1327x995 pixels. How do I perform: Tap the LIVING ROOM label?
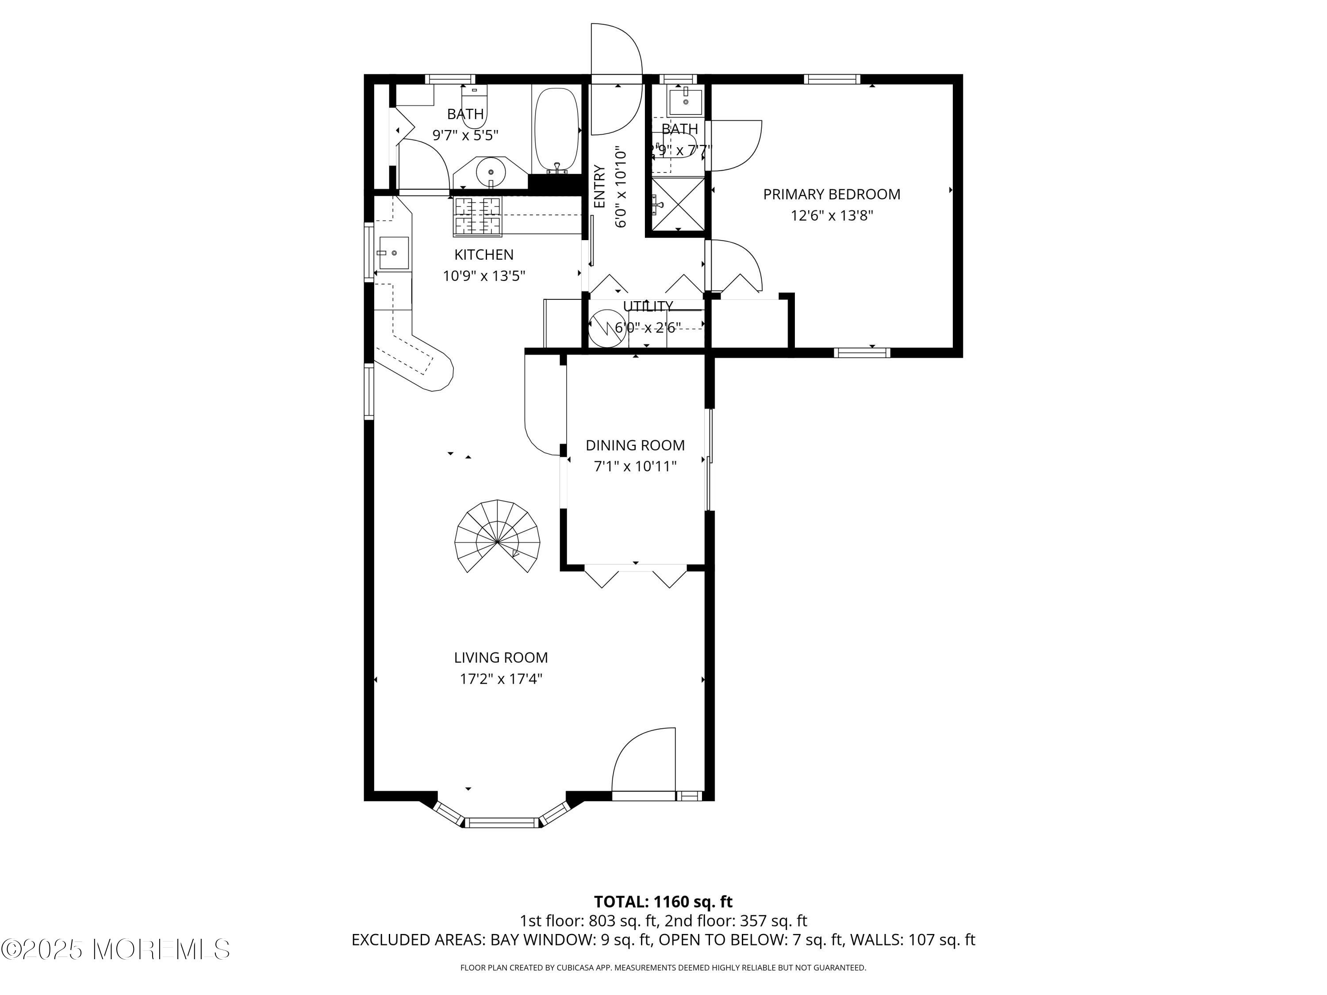(x=501, y=657)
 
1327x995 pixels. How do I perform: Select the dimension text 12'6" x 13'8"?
(x=832, y=215)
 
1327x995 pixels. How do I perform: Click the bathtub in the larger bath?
(x=557, y=129)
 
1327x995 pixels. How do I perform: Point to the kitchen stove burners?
(x=478, y=215)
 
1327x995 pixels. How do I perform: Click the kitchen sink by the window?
(x=394, y=253)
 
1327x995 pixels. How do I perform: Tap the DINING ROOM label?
(x=635, y=445)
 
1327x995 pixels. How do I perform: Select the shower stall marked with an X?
(x=679, y=204)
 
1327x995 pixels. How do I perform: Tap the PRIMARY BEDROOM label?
(x=832, y=194)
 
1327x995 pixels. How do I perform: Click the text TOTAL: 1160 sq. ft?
(x=663, y=901)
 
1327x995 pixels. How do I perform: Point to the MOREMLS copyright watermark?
(x=115, y=949)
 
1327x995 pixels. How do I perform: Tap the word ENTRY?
(x=599, y=187)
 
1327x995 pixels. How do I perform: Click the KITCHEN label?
(x=483, y=254)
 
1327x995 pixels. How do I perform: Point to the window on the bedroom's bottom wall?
(x=862, y=352)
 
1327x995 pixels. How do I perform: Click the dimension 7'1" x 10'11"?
(x=635, y=466)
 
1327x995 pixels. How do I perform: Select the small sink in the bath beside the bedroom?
(x=685, y=101)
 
